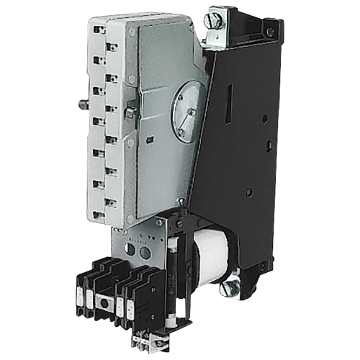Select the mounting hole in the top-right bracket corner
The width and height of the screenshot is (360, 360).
269,32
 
